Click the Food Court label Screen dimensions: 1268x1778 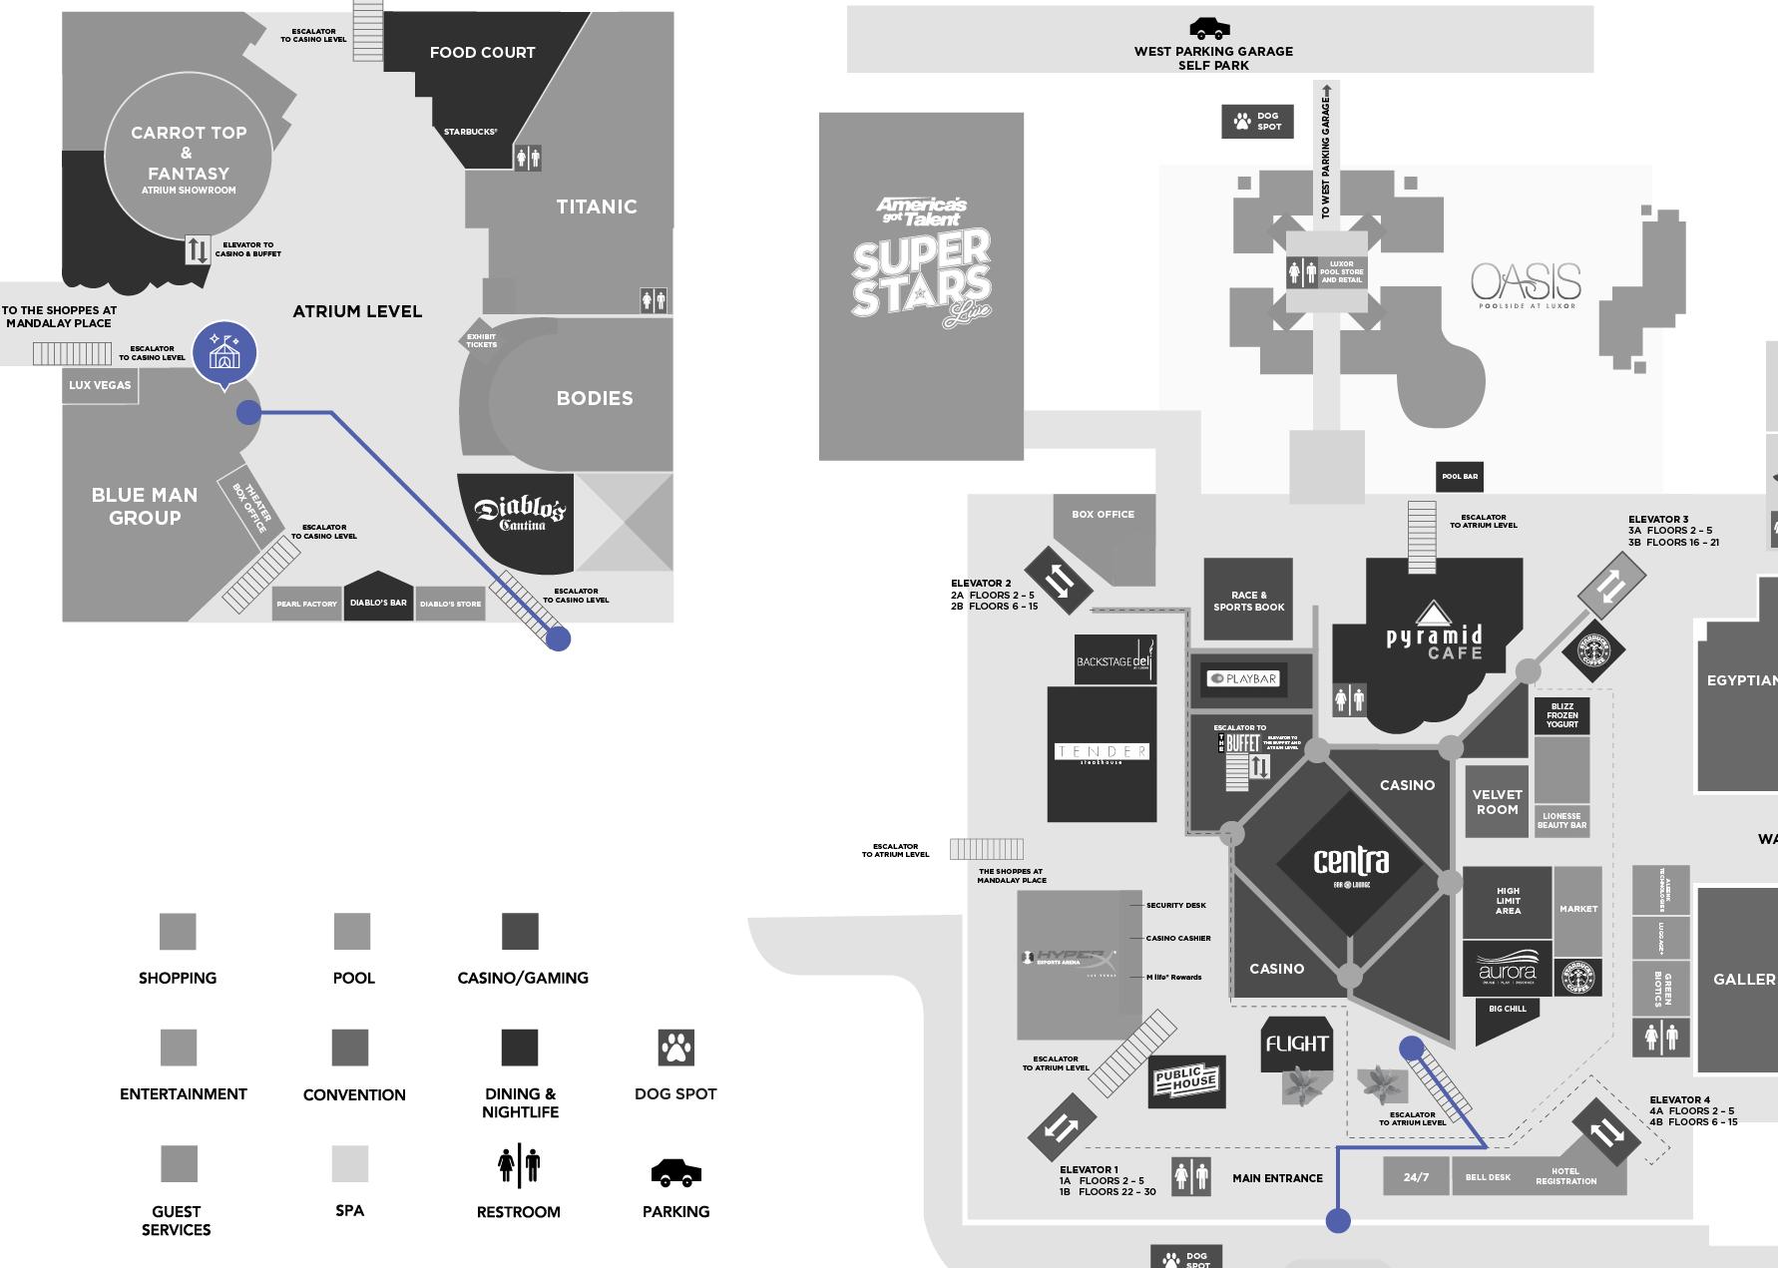pos(482,53)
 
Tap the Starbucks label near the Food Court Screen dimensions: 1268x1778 pos(470,132)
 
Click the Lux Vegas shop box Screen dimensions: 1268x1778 pos(100,385)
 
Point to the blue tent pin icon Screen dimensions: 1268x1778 pos(224,352)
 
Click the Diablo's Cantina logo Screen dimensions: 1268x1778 pos(520,515)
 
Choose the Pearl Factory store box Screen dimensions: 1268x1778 pos(306,604)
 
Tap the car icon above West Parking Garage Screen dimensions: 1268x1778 pos(1209,29)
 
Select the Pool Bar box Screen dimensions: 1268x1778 pos(1459,476)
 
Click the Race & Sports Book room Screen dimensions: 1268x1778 pos(1248,600)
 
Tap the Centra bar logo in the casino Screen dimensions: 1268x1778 pos(1351,864)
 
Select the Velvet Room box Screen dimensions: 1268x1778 pos(1497,802)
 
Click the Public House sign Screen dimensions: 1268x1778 pos(1186,1080)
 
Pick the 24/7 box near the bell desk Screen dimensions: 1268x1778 pos(1416,1177)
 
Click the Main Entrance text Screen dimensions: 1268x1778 pos(1277,1178)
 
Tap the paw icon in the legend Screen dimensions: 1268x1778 pos(675,1048)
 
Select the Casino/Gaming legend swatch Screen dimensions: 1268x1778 pos(520,931)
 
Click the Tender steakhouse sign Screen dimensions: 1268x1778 pos(1102,753)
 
